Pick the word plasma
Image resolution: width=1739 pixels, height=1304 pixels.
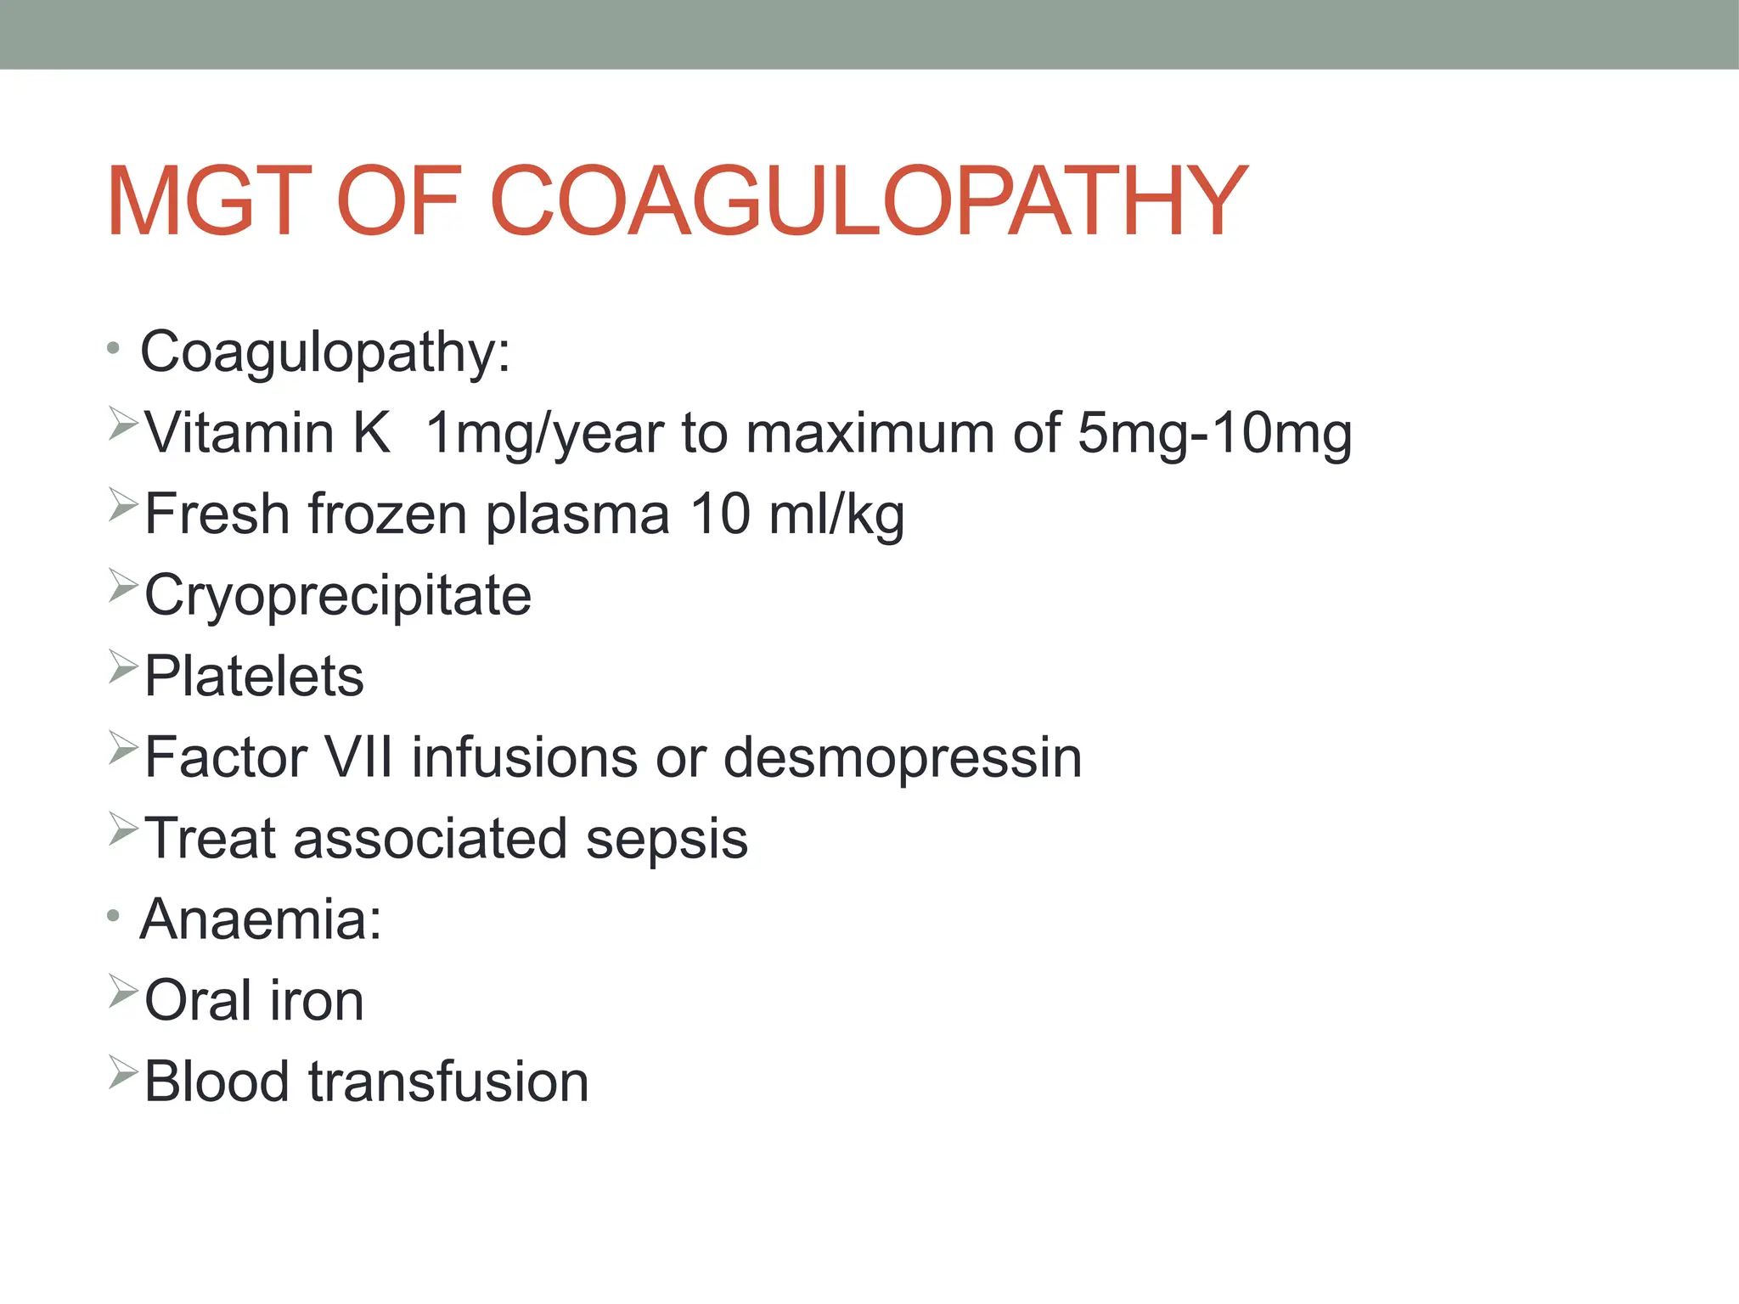(x=577, y=514)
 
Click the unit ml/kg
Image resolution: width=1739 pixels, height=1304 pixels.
(x=836, y=514)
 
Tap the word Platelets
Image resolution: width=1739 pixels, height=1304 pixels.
(x=254, y=676)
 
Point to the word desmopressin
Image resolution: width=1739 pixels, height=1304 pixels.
(x=903, y=756)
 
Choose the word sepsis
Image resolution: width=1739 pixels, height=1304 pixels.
(x=667, y=838)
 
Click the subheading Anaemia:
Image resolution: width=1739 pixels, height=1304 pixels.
(x=261, y=919)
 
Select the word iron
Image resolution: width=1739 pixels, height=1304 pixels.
(x=317, y=1000)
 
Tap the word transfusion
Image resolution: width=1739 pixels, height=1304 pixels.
(x=448, y=1082)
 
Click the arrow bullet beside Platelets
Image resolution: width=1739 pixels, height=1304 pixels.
(x=122, y=667)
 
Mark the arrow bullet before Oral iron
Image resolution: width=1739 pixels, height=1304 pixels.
(x=122, y=992)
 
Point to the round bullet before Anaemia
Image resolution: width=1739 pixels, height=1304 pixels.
(x=114, y=917)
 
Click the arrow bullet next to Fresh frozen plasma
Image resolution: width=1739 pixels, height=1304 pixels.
(x=122, y=506)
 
